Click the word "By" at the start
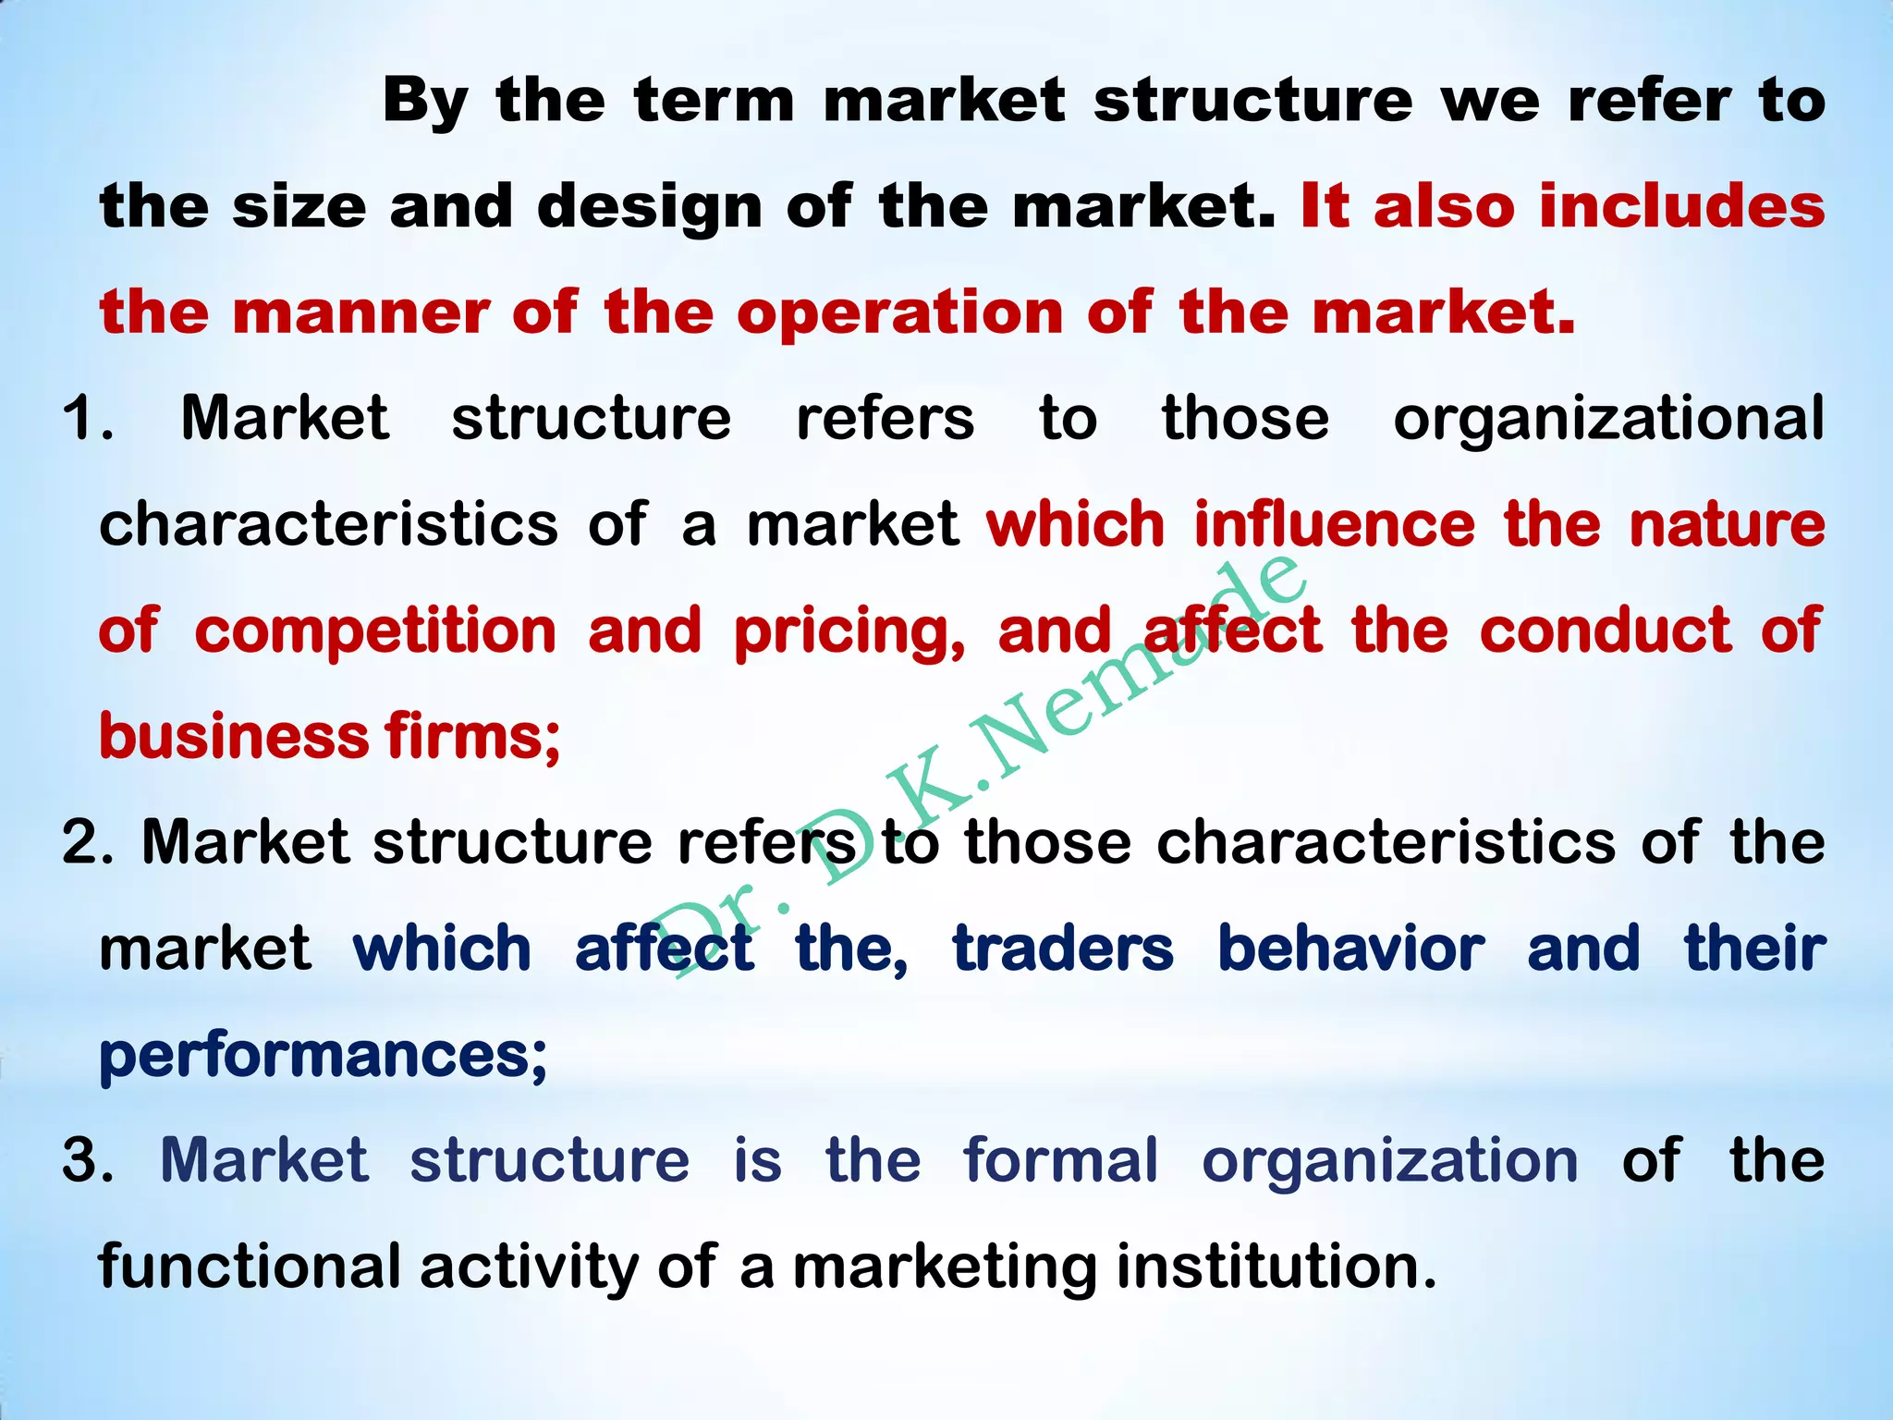point(425,103)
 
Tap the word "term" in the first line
point(714,101)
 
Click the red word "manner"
point(361,313)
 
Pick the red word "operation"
point(900,315)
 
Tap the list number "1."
point(88,419)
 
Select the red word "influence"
point(1335,525)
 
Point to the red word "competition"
point(375,632)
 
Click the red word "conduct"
point(1606,631)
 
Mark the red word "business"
point(235,738)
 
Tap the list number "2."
point(88,843)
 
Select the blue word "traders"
point(1063,949)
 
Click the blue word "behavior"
point(1351,949)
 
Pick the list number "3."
point(88,1161)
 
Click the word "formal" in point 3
point(1060,1161)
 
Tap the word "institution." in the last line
point(1276,1267)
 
